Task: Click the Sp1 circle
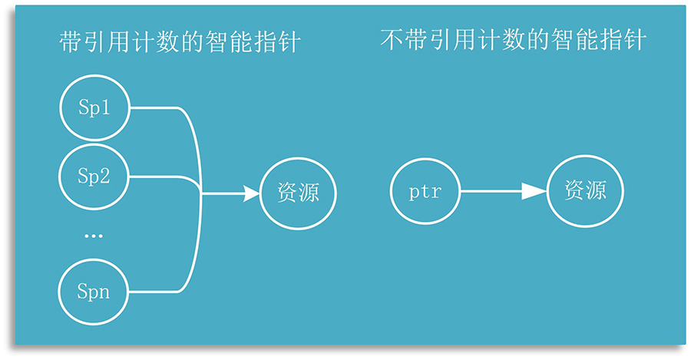point(94,108)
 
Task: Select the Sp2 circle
point(94,177)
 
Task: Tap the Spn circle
point(94,292)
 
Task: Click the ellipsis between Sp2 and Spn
point(93,236)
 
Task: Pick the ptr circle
point(425,192)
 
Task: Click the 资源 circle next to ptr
point(585,192)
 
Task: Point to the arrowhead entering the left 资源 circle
point(252,194)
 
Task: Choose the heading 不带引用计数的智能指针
point(512,40)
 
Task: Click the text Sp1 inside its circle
point(94,108)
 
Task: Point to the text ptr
point(425,192)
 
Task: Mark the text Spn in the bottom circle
point(94,292)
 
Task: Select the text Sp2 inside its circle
point(94,177)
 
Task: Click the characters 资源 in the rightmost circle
point(585,191)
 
